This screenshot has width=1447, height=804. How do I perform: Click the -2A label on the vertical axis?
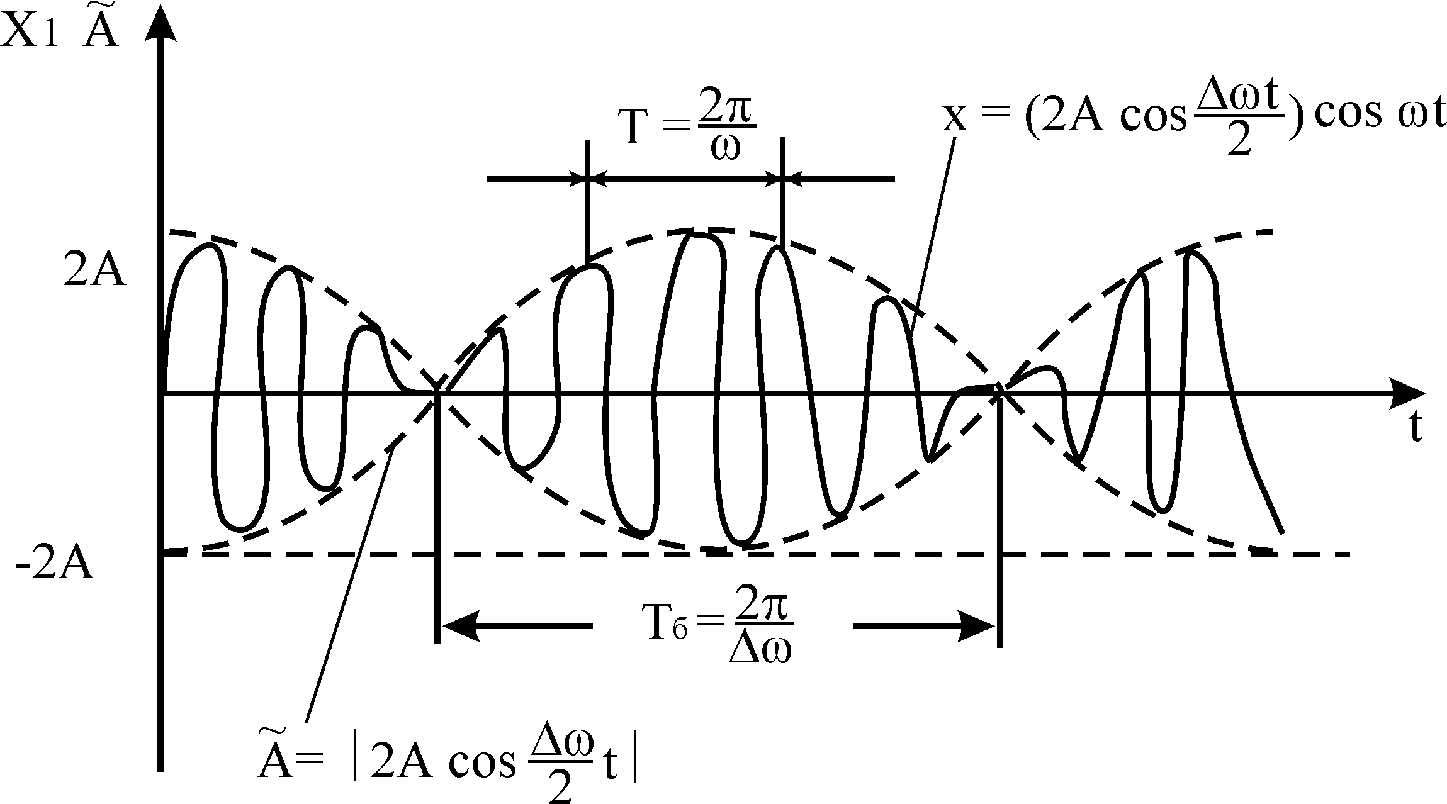tap(55, 566)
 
